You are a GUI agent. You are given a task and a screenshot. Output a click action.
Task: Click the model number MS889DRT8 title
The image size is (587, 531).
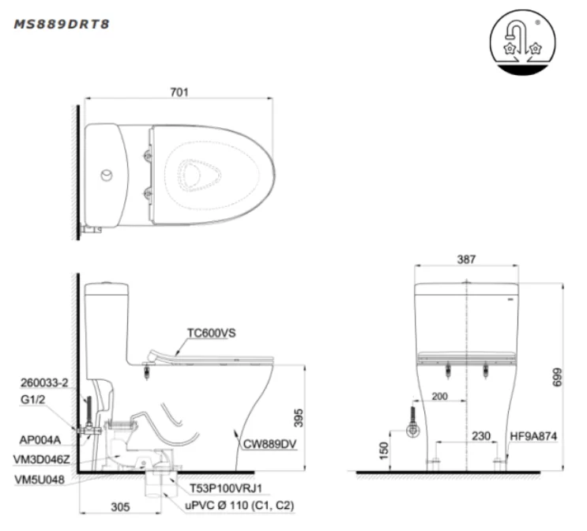(x=62, y=24)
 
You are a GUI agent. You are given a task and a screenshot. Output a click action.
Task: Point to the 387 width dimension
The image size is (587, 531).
(x=465, y=260)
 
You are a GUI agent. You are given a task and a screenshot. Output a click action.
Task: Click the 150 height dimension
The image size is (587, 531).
(x=382, y=450)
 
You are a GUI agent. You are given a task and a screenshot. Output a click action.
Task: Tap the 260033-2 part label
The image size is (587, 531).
(x=44, y=382)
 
